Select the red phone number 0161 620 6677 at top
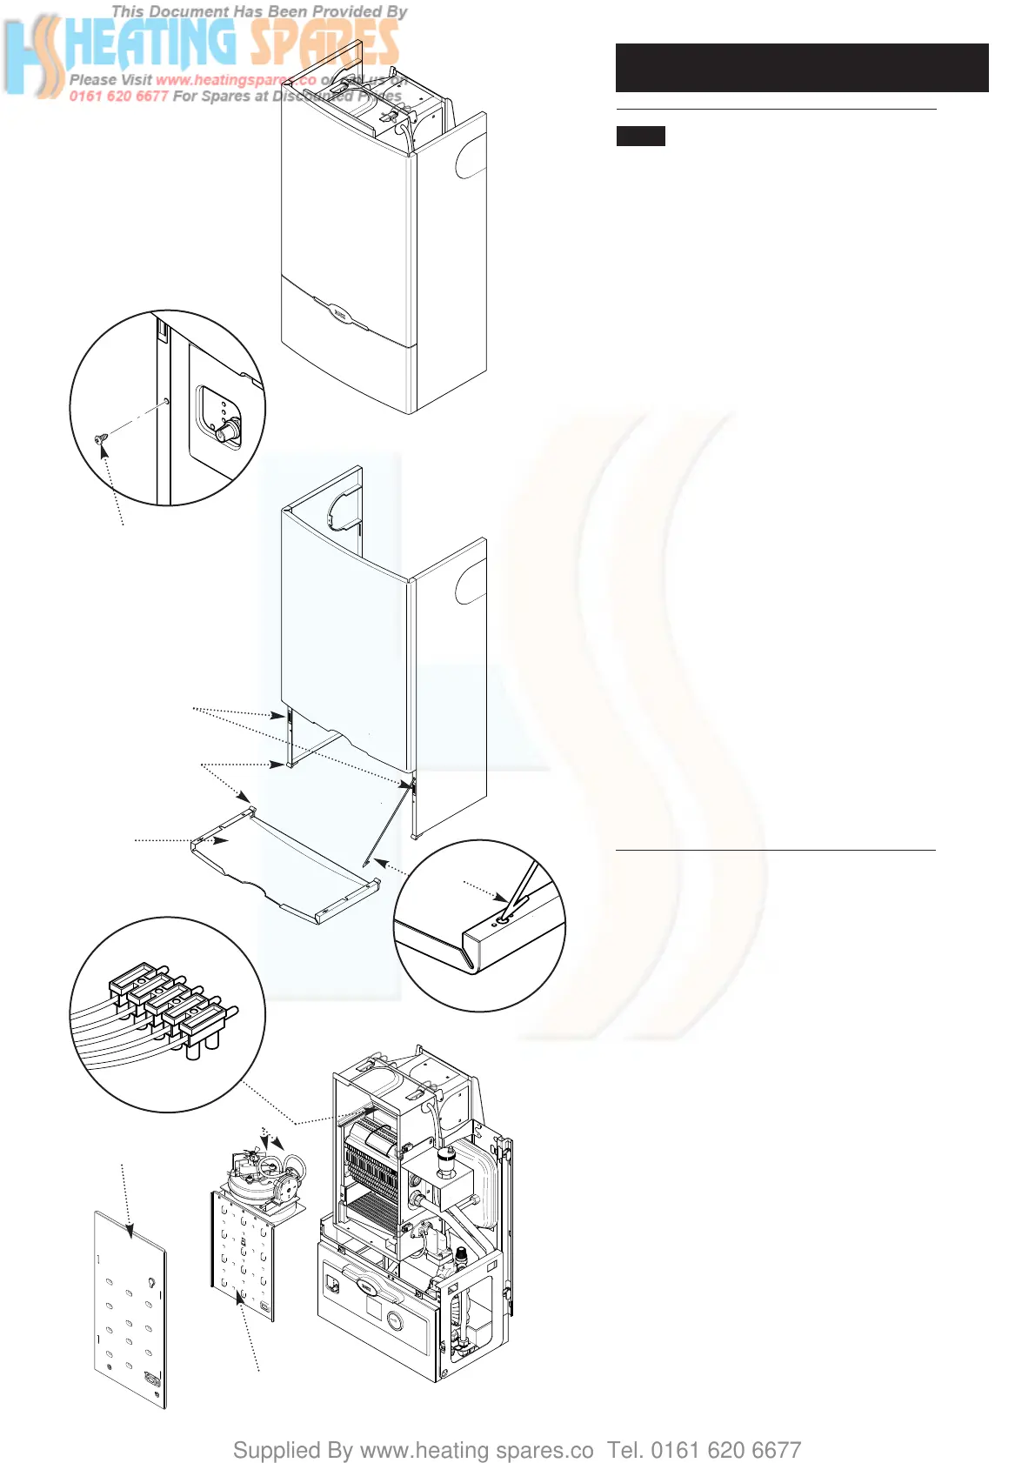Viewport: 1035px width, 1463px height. point(118,97)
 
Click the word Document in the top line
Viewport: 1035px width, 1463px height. point(184,12)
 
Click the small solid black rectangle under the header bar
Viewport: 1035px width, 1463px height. point(640,136)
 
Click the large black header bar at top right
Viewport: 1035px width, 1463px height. point(801,68)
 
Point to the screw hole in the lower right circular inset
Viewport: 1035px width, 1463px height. point(501,918)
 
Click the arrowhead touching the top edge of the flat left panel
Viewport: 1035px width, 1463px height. point(130,1232)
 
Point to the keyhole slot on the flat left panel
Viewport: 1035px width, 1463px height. point(152,1282)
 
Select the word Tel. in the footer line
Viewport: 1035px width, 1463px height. point(625,1451)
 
